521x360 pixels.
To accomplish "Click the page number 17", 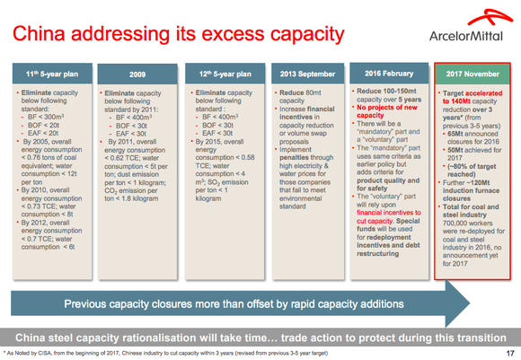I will [508, 352].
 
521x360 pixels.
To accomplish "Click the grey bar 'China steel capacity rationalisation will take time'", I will [260, 336].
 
